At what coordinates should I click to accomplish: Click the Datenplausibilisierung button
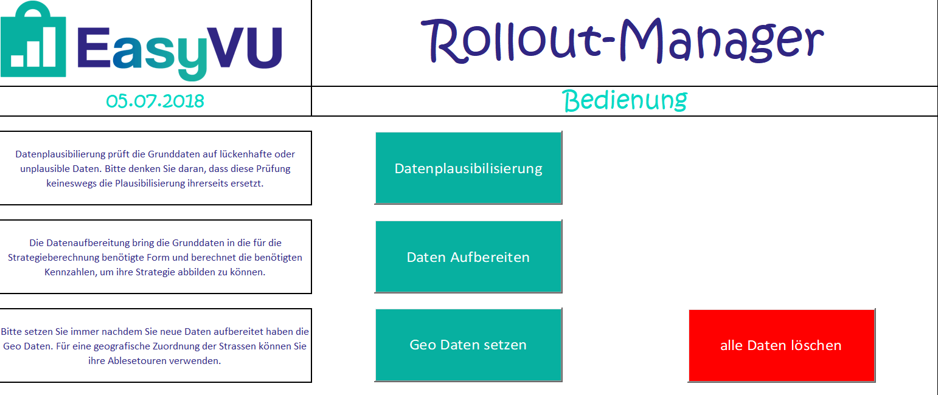(x=468, y=168)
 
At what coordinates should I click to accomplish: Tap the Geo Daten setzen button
(x=468, y=345)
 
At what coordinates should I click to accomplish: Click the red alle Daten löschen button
(x=781, y=345)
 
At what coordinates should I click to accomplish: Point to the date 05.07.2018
(x=155, y=101)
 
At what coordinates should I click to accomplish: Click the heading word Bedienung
(x=625, y=101)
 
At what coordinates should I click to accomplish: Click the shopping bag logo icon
(x=34, y=41)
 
